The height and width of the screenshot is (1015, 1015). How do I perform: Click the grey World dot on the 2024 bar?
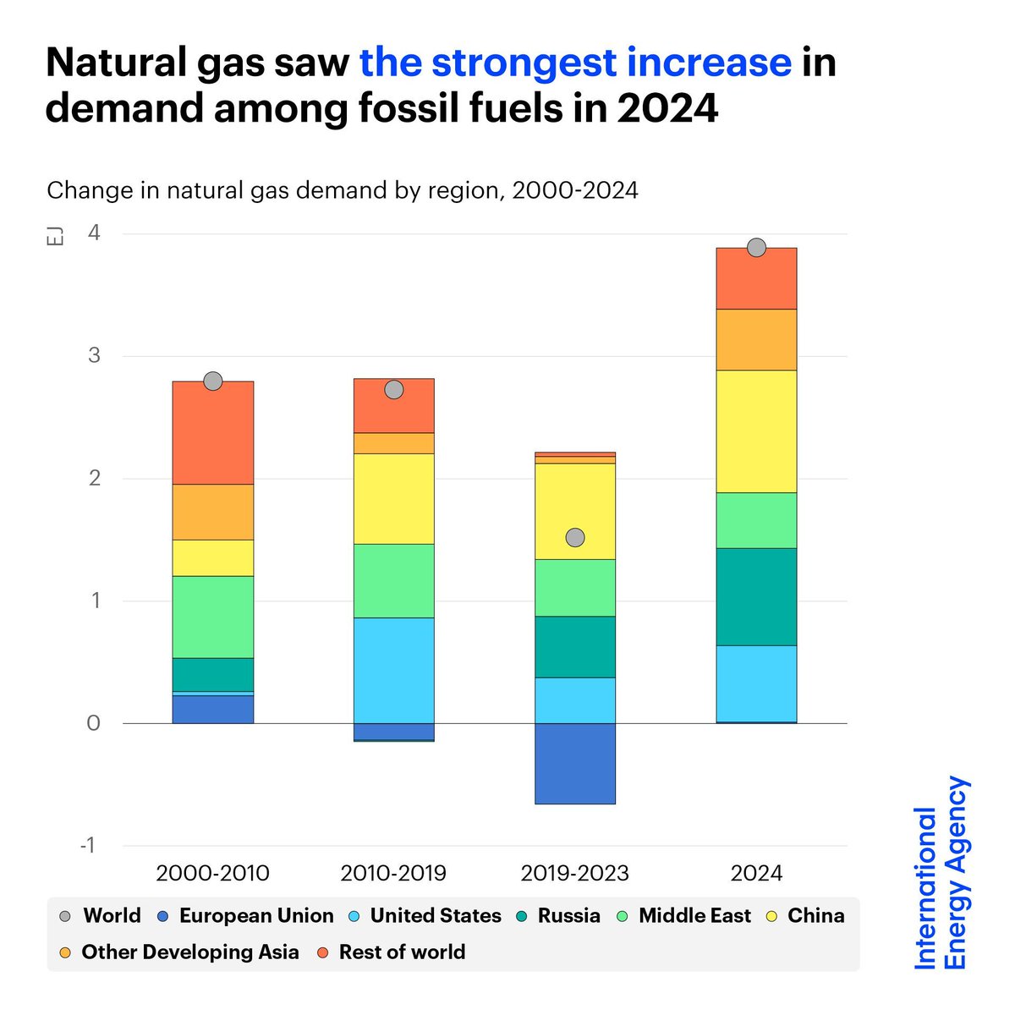pos(756,247)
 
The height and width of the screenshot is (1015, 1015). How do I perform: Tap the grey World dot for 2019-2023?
pos(575,537)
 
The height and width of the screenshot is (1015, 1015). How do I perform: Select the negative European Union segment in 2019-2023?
pos(575,763)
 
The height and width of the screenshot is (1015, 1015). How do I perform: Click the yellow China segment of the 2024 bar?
pos(756,431)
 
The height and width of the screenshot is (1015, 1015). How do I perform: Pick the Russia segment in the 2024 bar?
pos(756,596)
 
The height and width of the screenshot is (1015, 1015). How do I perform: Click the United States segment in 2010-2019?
pos(394,670)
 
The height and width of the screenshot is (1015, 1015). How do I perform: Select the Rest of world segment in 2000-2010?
pos(213,433)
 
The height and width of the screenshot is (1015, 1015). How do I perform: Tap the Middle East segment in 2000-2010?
pos(213,617)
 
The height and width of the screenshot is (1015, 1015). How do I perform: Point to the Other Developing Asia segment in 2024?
pos(756,339)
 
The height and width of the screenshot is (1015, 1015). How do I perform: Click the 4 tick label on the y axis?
pos(94,233)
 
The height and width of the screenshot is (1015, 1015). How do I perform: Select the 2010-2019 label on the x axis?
pos(393,873)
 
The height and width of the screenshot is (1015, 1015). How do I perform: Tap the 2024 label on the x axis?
pos(756,873)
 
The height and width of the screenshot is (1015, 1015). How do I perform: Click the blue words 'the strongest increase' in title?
pos(575,63)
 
